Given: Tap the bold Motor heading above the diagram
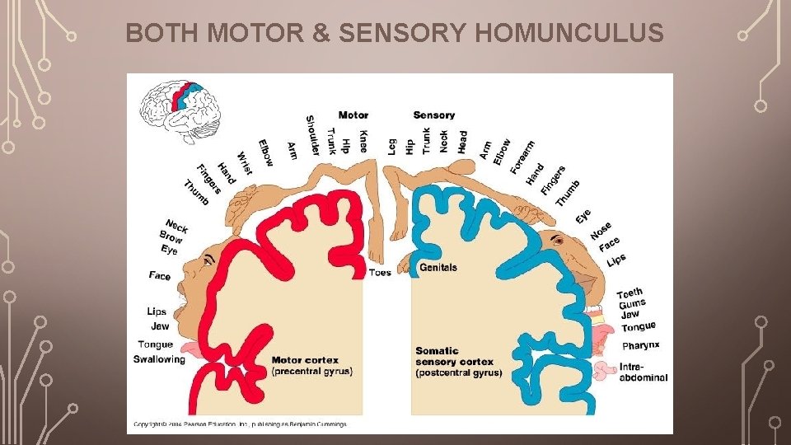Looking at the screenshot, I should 353,115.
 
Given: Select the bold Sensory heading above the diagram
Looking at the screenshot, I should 433,115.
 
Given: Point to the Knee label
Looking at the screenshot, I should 363,140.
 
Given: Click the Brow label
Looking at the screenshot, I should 171,237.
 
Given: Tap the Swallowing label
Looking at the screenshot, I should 159,359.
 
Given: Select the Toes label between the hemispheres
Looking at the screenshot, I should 381,273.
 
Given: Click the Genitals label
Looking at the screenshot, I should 438,268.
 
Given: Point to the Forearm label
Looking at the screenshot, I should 522,157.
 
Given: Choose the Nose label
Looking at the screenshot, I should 601,231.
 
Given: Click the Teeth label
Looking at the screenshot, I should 630,293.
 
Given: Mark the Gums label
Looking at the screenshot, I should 632,304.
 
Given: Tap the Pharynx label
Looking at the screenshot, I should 640,345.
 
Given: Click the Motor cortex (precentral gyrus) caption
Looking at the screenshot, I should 311,366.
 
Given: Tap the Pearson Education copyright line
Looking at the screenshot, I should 239,424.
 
